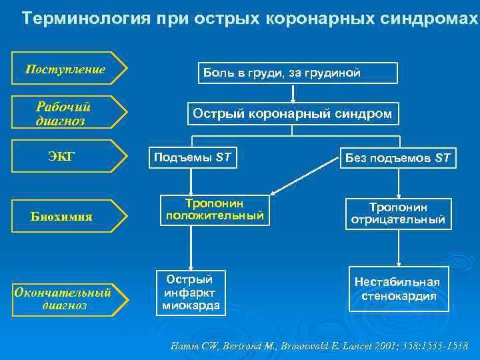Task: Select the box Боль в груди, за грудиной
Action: pos(291,73)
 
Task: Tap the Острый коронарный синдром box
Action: pos(292,114)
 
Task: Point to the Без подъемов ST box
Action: pos(397,158)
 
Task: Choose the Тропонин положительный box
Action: pos(215,210)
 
